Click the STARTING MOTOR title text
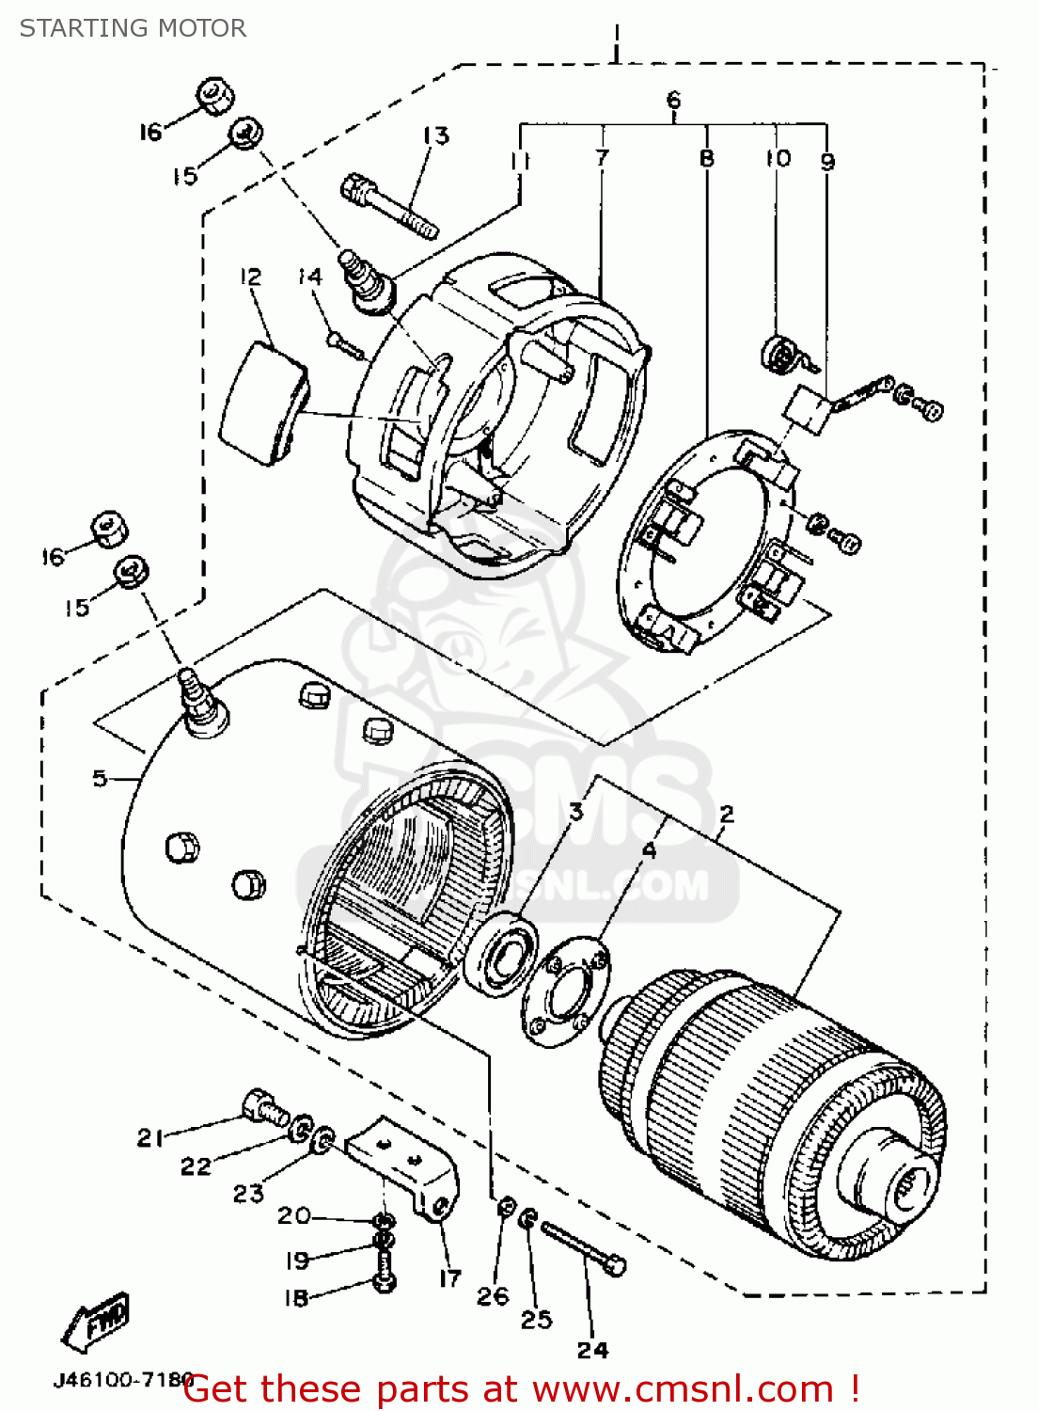click(x=133, y=28)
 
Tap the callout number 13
click(x=435, y=135)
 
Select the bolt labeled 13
click(x=388, y=205)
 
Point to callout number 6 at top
click(x=673, y=100)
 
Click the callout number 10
click(x=778, y=158)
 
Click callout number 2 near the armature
click(x=726, y=814)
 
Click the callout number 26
click(x=493, y=1296)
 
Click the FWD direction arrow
click(x=96, y=1322)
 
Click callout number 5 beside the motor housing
click(x=100, y=778)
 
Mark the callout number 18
click(x=296, y=1298)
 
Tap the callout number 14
click(x=309, y=277)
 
